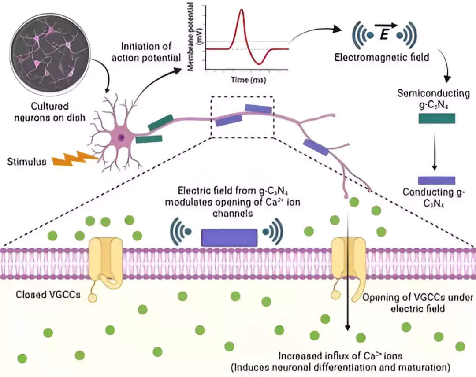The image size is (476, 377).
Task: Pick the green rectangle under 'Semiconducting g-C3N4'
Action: coord(436,118)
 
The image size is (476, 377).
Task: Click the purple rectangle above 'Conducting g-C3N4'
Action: coord(436,180)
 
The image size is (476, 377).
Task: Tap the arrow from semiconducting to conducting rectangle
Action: coord(435,150)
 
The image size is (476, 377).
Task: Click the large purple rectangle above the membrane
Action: coord(229,237)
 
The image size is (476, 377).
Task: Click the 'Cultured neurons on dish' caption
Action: coord(49,111)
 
